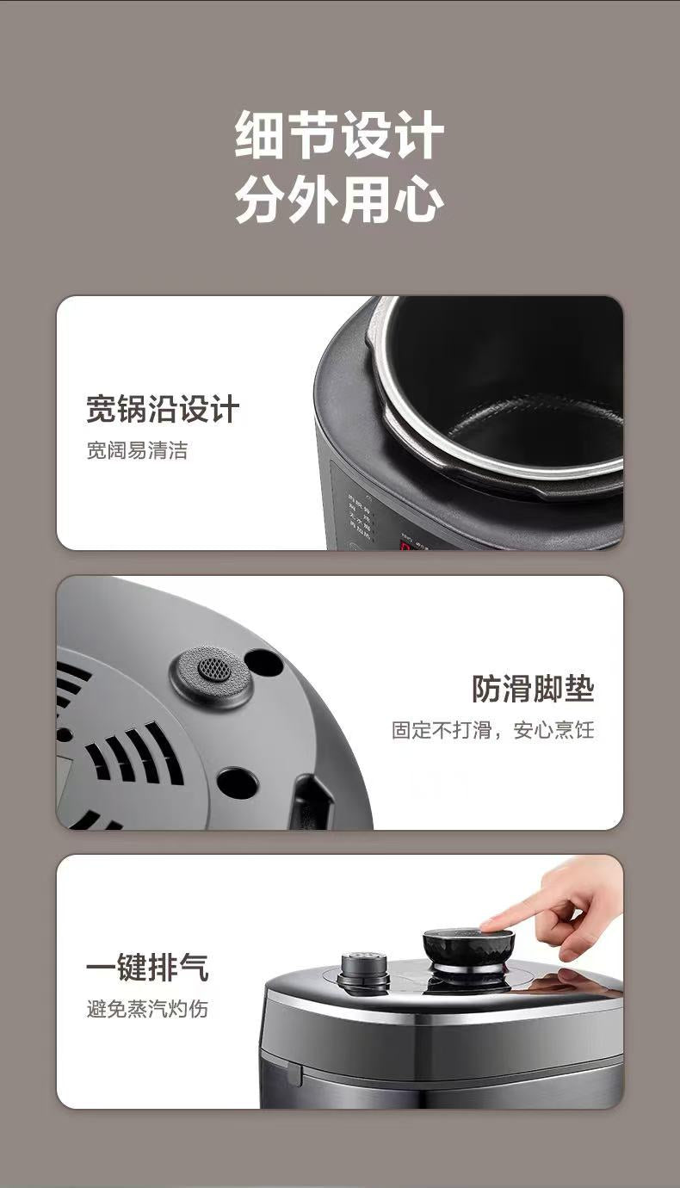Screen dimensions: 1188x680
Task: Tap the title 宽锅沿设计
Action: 162,410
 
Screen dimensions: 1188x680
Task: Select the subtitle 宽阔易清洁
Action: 137,450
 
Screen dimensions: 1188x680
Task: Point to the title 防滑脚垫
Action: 533,688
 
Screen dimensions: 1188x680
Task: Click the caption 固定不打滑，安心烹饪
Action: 492,730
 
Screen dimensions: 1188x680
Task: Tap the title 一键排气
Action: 147,968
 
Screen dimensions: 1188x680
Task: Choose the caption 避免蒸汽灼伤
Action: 147,1008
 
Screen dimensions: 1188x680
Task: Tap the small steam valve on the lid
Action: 363,970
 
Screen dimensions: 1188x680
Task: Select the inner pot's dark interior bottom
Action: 534,430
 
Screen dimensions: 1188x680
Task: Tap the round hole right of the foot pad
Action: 263,662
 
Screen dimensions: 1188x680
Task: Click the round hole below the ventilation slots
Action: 238,783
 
